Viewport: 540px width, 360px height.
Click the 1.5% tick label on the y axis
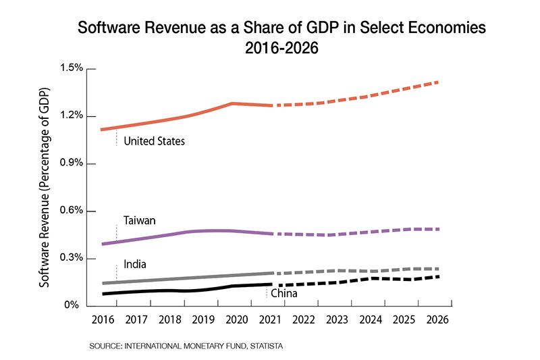(71, 68)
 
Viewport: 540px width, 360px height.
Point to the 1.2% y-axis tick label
(71, 115)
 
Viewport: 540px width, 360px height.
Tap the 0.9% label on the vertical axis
(71, 163)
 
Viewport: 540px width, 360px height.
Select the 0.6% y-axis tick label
(71, 211)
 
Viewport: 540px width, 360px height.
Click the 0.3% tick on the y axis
(71, 258)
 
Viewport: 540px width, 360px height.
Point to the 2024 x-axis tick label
(370, 319)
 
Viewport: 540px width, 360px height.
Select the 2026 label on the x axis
(437, 319)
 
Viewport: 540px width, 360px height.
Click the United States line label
(155, 141)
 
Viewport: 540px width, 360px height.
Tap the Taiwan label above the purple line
(140, 221)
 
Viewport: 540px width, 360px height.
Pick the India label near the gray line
(135, 264)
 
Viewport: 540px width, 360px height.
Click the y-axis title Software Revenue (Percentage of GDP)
(45, 187)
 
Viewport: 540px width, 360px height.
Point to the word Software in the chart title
(103, 29)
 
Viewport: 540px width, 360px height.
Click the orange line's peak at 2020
(232, 103)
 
